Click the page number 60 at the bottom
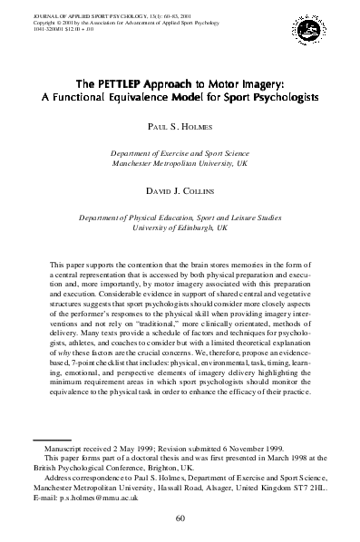pos(180,517)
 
